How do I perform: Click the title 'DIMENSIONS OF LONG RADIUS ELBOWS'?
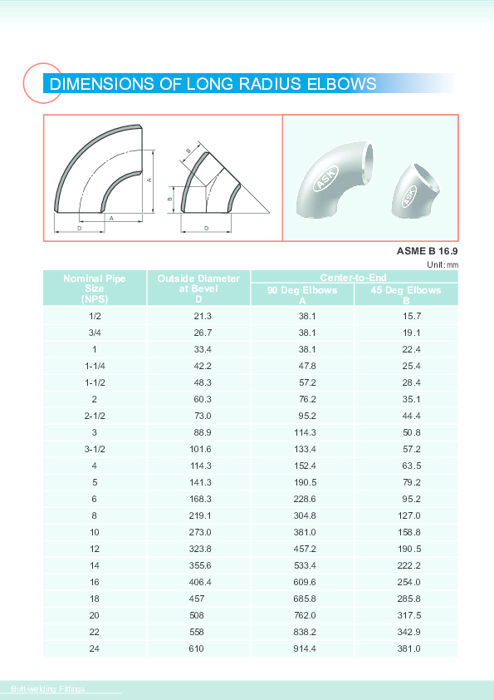click(x=213, y=84)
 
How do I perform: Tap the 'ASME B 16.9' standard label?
click(x=428, y=251)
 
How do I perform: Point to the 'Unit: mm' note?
click(x=443, y=264)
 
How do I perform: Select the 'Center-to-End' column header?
click(x=354, y=277)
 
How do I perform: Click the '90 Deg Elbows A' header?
click(x=302, y=295)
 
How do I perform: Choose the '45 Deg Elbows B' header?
click(x=406, y=295)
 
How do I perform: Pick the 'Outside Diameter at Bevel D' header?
click(x=198, y=288)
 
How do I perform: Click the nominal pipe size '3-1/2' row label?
click(x=95, y=449)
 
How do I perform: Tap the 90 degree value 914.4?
click(x=303, y=648)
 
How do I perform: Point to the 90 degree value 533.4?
click(x=303, y=565)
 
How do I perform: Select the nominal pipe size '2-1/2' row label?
click(x=95, y=416)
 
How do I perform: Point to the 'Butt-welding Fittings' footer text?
click(x=49, y=688)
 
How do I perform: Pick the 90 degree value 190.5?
click(x=303, y=482)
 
